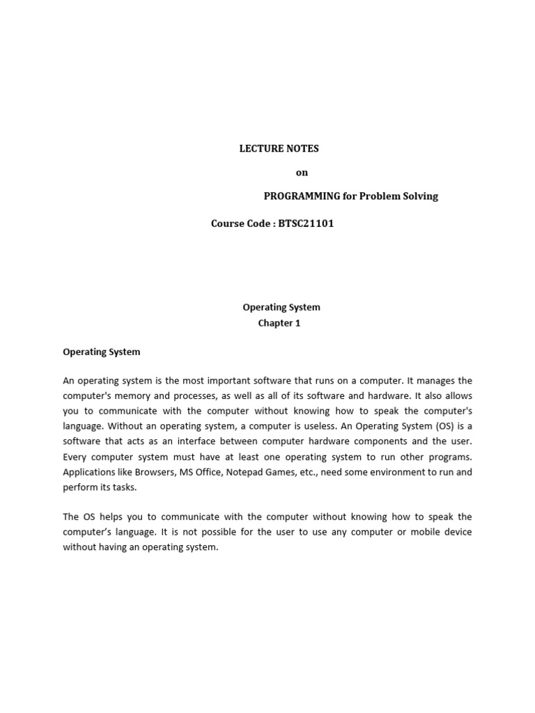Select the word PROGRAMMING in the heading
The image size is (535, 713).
click(x=301, y=196)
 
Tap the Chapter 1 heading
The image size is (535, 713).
click(x=279, y=323)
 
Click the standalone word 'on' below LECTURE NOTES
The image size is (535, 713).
click(x=302, y=173)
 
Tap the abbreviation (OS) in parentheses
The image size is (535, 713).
click(x=442, y=426)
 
